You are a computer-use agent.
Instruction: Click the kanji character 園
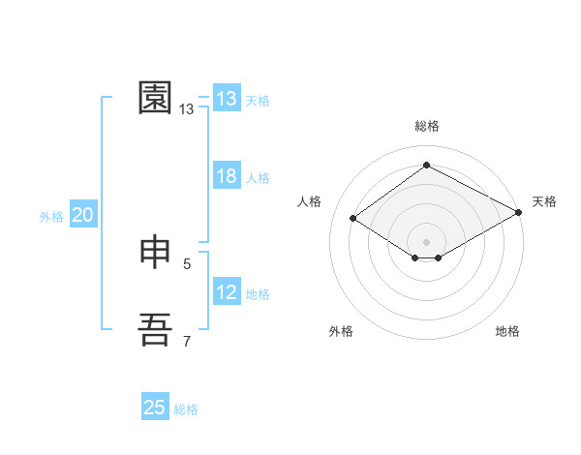(157, 98)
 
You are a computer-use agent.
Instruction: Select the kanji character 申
(157, 253)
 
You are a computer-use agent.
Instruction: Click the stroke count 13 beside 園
(187, 109)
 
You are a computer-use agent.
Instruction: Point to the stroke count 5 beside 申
(187, 263)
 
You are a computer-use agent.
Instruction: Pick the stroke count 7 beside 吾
(187, 341)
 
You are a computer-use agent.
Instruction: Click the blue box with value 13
(227, 99)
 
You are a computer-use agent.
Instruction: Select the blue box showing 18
(227, 176)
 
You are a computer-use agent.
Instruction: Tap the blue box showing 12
(227, 292)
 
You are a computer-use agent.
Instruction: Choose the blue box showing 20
(82, 216)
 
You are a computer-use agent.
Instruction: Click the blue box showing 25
(155, 408)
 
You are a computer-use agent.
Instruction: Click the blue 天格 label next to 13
(258, 101)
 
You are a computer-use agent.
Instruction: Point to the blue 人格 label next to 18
(258, 178)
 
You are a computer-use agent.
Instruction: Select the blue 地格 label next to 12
(258, 294)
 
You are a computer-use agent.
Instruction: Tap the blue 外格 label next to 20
(51, 218)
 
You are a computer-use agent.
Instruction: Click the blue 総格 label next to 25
(186, 409)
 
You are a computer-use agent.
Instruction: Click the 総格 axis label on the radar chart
(426, 127)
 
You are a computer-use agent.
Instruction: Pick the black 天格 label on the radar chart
(544, 201)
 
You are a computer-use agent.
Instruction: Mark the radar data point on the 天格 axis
(520, 214)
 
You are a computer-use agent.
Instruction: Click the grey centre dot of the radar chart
(426, 241)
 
